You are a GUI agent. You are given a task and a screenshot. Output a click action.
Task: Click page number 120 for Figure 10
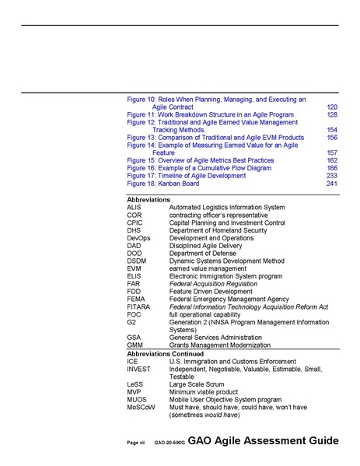pos(332,107)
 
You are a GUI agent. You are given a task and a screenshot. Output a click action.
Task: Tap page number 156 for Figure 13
pos(332,138)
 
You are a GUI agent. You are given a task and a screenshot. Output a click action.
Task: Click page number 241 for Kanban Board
pos(332,184)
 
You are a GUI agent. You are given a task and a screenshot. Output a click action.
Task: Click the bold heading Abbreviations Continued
pos(166,354)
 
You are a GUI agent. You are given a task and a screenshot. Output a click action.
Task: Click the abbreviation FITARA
pos(138,307)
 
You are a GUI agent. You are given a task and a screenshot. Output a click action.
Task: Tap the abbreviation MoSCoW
pos(141,408)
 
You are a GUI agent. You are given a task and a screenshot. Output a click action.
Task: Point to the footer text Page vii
pos(136,443)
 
